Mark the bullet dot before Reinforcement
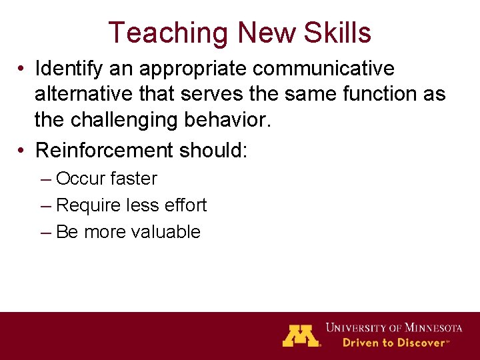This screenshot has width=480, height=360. coord(23,151)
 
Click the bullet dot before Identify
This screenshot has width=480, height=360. coord(23,69)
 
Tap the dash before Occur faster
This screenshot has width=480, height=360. coord(45,179)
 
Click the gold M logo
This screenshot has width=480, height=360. coord(301,335)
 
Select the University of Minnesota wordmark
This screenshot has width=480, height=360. coord(394,328)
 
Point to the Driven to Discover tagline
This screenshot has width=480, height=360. coord(394,343)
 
